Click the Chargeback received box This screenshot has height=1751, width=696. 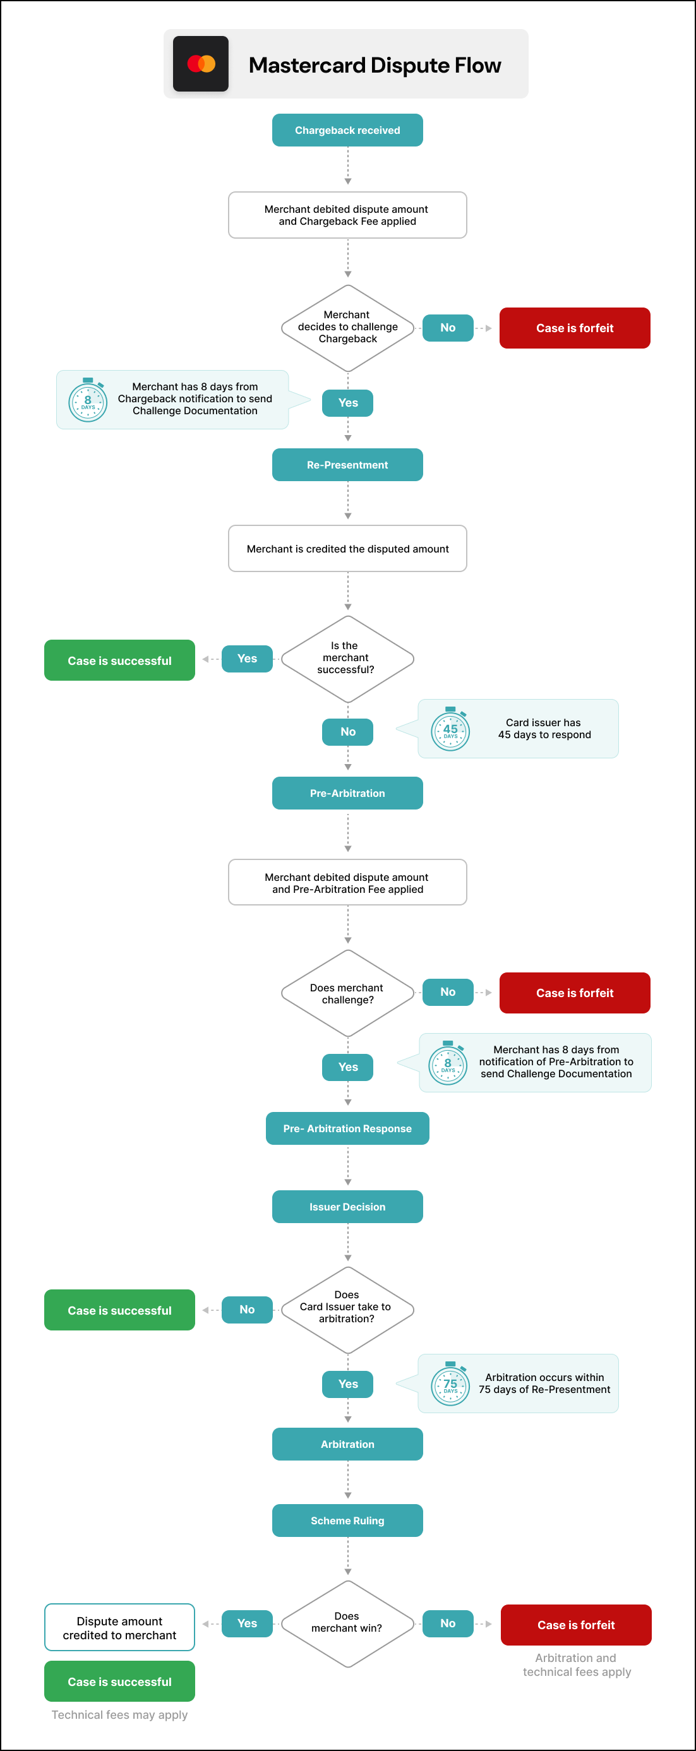point(347,130)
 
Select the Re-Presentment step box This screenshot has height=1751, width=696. point(347,465)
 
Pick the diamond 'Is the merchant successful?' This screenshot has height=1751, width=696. point(347,658)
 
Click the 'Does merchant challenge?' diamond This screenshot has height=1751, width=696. point(347,993)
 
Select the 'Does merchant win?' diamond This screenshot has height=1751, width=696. point(347,1623)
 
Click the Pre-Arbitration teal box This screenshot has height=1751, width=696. point(347,793)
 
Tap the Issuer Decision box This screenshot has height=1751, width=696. point(347,1207)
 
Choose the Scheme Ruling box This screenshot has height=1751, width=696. point(347,1521)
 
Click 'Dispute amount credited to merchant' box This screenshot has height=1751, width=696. point(119,1628)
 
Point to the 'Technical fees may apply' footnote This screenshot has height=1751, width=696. point(119,1715)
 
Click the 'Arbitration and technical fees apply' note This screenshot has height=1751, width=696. point(577,1664)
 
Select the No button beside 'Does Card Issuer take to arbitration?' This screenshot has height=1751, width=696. point(247,1309)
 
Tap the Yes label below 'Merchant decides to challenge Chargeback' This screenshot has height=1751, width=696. point(347,403)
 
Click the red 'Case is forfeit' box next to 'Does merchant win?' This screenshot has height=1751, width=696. point(576,1625)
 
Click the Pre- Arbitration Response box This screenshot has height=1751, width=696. point(347,1128)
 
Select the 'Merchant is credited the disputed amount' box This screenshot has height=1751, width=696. point(347,549)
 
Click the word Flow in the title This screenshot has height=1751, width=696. point(477,65)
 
